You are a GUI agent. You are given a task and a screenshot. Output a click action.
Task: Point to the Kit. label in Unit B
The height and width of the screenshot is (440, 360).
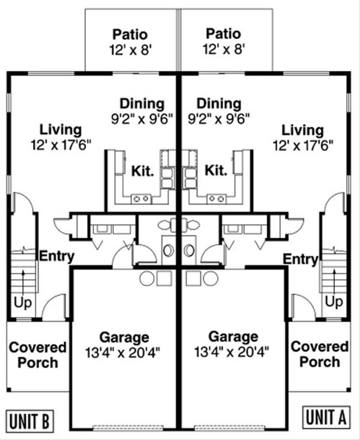coord(142,171)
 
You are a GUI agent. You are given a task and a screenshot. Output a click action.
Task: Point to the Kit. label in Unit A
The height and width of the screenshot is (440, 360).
coord(215,171)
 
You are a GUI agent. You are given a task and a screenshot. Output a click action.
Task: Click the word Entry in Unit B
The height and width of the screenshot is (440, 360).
coord(56,257)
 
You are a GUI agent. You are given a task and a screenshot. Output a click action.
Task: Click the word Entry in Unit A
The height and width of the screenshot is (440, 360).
coord(300,260)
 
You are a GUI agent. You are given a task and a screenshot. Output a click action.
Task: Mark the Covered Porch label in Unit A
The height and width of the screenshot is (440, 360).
coord(319,355)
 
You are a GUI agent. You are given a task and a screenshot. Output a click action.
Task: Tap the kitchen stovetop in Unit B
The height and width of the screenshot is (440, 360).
coord(142,198)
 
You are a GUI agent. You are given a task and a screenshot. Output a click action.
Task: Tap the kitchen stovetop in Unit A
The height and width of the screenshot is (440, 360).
coord(215,198)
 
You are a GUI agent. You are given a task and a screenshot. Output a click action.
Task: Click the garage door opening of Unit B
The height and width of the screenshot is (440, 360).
coord(124,427)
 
